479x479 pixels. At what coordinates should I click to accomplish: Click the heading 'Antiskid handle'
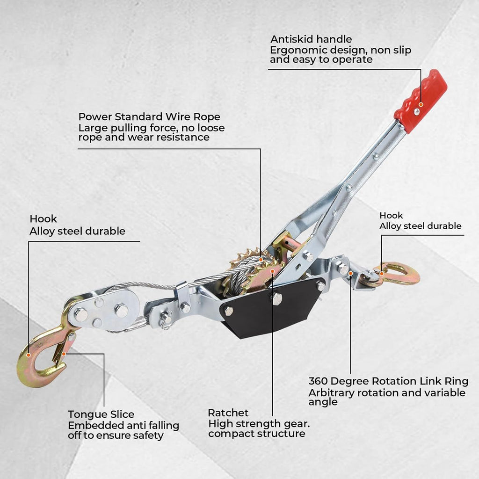311,39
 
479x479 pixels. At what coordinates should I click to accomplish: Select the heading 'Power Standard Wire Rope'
149,116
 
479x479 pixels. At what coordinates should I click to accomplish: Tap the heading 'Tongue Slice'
101,414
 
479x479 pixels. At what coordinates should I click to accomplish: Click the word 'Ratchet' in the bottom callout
228,413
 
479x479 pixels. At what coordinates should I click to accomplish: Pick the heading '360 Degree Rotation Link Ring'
388,381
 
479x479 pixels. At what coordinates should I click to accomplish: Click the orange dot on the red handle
421,104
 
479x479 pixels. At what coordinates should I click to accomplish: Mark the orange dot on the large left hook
29,355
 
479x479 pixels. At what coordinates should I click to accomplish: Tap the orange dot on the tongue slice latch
64,354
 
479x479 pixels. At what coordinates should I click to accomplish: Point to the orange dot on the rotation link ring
351,273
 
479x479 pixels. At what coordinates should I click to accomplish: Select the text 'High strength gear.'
259,424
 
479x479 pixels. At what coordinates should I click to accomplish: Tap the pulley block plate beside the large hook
103,310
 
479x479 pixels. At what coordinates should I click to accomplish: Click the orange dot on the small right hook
382,273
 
